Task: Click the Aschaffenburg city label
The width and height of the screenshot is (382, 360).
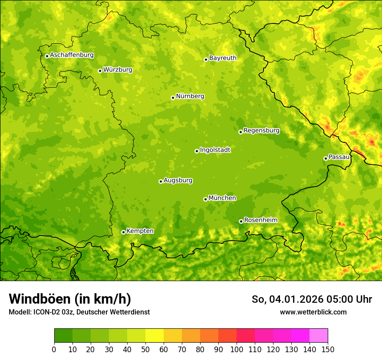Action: [72, 55]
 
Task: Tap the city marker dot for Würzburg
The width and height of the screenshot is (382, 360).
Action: [100, 71]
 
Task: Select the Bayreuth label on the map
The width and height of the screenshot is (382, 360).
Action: [223, 58]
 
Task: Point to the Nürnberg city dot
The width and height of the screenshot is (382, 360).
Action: [173, 98]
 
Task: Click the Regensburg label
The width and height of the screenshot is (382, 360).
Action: [261, 131]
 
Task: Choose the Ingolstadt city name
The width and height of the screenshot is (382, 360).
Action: [215, 150]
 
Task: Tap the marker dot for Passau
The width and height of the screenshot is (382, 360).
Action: [326, 158]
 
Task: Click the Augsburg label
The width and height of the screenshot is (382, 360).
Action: [178, 180]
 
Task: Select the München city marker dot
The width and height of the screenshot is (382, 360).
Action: [205, 199]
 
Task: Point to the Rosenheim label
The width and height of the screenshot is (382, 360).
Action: [260, 220]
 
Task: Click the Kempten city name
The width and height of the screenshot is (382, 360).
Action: [140, 231]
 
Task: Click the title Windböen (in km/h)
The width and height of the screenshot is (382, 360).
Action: [70, 299]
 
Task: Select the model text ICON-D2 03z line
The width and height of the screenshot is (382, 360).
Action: [79, 312]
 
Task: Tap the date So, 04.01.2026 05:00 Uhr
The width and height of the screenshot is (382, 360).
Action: [312, 299]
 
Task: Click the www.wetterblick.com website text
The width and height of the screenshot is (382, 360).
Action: [313, 312]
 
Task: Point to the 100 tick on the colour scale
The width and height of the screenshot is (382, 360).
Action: [237, 349]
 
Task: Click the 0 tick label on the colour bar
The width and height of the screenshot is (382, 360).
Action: [54, 349]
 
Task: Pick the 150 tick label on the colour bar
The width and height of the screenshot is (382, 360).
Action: [328, 349]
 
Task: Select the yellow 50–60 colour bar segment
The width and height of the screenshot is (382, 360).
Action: [155, 336]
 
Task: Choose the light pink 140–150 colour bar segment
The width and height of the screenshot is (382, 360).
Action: [319, 336]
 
